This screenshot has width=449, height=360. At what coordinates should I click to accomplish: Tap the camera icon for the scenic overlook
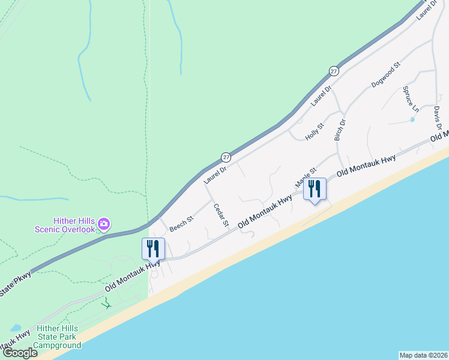click(104, 224)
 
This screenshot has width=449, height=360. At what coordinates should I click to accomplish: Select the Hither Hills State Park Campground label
click(59, 337)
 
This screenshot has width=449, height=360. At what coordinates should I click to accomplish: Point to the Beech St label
click(181, 224)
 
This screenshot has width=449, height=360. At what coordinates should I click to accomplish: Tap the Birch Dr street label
click(340, 130)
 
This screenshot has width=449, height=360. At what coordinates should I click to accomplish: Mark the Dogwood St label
click(385, 75)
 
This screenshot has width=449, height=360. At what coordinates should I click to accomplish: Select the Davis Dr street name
click(438, 118)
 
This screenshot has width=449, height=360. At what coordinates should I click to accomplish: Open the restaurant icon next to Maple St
click(315, 190)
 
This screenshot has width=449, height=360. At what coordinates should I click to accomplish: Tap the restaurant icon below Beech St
click(153, 248)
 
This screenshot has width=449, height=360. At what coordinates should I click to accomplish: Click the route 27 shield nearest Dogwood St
click(334, 71)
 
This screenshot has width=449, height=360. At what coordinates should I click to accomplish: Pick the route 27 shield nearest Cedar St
click(226, 157)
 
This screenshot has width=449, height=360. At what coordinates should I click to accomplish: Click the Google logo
click(20, 352)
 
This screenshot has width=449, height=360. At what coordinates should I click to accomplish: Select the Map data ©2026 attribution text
click(423, 355)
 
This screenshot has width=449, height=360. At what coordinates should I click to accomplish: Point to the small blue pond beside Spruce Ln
click(412, 119)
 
